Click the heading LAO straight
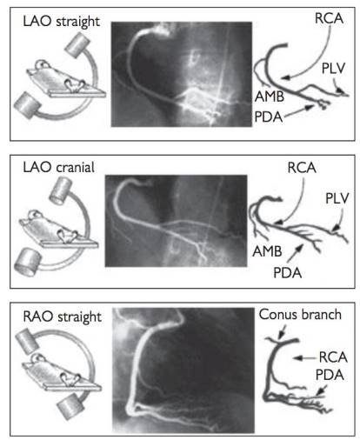(61, 22)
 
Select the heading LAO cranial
(59, 167)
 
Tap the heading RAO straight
(62, 317)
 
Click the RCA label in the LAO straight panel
(329, 18)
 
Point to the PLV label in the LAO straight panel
(333, 69)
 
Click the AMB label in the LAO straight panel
(270, 97)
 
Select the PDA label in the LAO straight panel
(269, 117)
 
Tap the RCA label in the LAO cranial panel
(302, 168)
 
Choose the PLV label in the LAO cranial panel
(337, 198)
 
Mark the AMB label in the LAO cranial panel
(267, 251)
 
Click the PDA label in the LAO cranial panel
(288, 273)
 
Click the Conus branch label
(300, 315)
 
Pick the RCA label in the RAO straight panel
(333, 357)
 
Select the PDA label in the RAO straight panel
(330, 375)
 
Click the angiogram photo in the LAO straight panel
(182, 74)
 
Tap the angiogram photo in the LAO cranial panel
(176, 221)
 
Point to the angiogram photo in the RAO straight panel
(183, 370)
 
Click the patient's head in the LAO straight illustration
(42, 64)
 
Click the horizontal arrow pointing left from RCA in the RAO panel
(305, 358)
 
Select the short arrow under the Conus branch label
(282, 331)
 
